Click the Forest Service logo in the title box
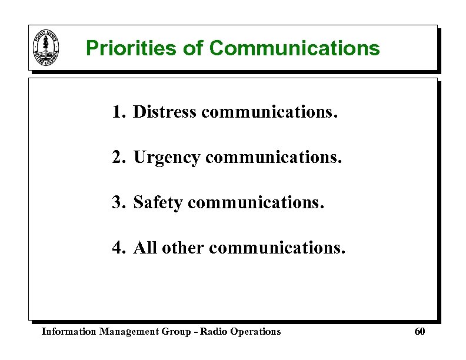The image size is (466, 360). pos(45,48)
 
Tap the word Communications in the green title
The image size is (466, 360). pos(294,48)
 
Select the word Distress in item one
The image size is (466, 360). pos(165,112)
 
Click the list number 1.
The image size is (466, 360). pos(118,112)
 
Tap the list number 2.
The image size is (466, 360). pos(118,158)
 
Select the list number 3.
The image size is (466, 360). pos(118,203)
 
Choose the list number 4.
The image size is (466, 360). pos(118,248)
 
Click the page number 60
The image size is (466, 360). pos(420,332)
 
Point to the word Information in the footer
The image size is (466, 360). pos(68,332)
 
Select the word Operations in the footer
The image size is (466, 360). pos(256,332)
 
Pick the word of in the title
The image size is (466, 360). pos(193,48)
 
